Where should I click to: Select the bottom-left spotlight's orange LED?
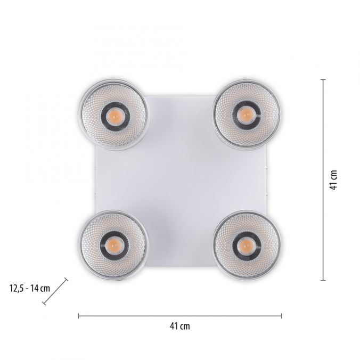[114, 245]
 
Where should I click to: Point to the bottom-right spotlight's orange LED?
[245, 246]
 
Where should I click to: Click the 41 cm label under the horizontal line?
[180, 326]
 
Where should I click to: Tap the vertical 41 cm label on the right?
[333, 180]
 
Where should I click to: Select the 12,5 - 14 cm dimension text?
[30, 288]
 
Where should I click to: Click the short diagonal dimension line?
[55, 291]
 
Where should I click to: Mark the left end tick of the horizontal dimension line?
[78, 316]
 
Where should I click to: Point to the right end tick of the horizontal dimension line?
[281, 316]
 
